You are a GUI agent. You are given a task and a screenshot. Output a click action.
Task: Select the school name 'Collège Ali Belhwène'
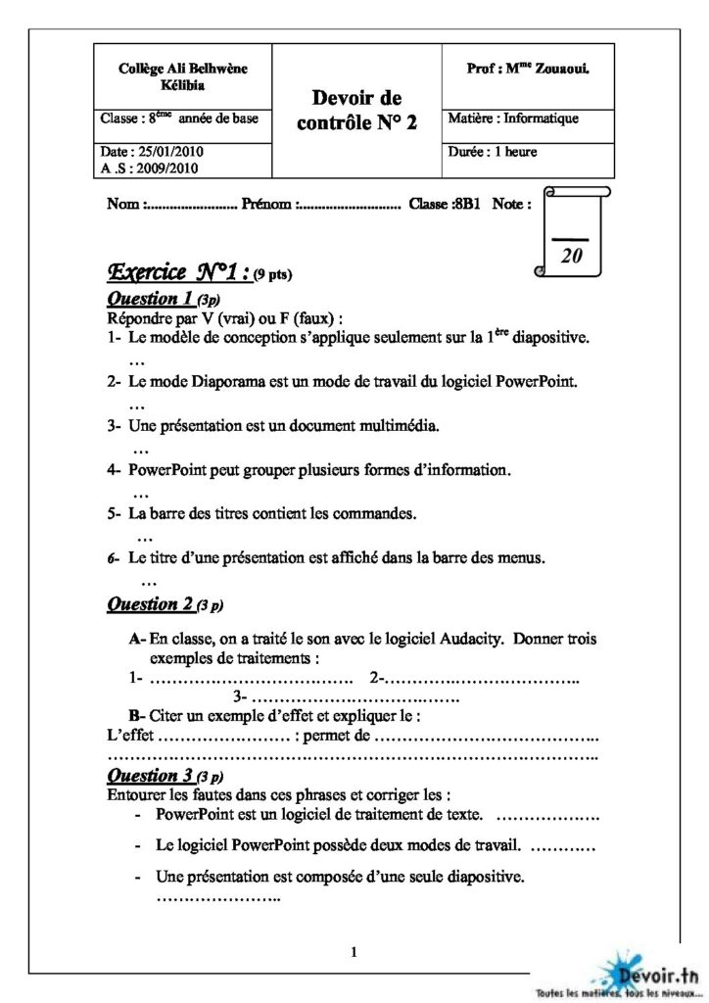(183, 68)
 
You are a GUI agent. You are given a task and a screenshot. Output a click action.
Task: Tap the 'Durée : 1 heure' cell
(492, 152)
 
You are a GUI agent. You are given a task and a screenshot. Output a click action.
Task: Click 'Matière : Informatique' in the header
(513, 119)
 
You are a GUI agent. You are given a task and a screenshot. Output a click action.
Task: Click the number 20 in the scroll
(572, 255)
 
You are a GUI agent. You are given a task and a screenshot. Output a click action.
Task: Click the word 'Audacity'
(461, 639)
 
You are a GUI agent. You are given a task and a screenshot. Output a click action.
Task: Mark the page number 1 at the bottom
(354, 951)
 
